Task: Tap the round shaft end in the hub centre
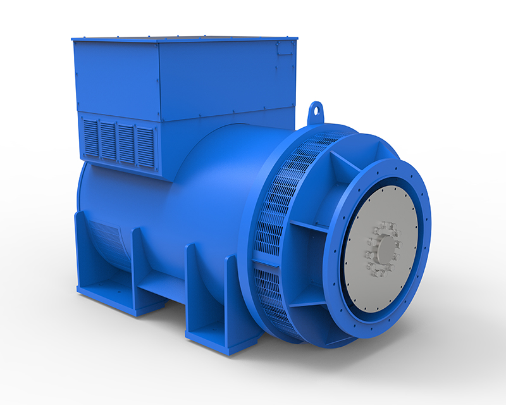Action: coord(382,249)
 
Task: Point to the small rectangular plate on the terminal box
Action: coord(285,48)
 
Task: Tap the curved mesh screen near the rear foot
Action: coord(111,240)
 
